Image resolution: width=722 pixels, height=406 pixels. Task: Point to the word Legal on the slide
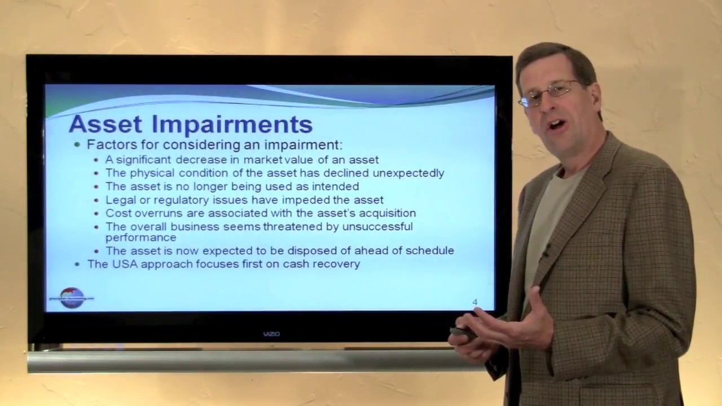tap(118, 200)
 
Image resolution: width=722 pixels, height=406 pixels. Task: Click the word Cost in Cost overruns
tap(117, 213)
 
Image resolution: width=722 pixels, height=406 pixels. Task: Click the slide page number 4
tap(475, 303)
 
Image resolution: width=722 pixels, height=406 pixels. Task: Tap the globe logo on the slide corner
tap(72, 297)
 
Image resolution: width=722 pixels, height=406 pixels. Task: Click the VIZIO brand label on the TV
tap(271, 334)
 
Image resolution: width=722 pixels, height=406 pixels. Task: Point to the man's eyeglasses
tap(550, 93)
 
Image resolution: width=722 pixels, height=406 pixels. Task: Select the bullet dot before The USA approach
tap(78, 263)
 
